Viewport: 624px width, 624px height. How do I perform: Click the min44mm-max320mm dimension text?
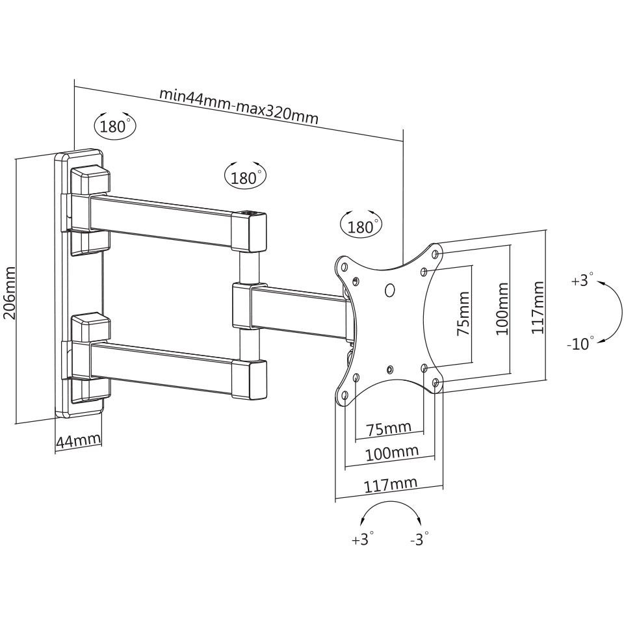pos(239,106)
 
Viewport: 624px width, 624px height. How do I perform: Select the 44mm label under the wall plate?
pos(79,441)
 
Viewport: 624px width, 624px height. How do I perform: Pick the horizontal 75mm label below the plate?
pos(389,428)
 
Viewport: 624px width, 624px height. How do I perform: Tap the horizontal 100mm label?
pos(392,453)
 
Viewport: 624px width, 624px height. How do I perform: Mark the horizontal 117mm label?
pos(391,484)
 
